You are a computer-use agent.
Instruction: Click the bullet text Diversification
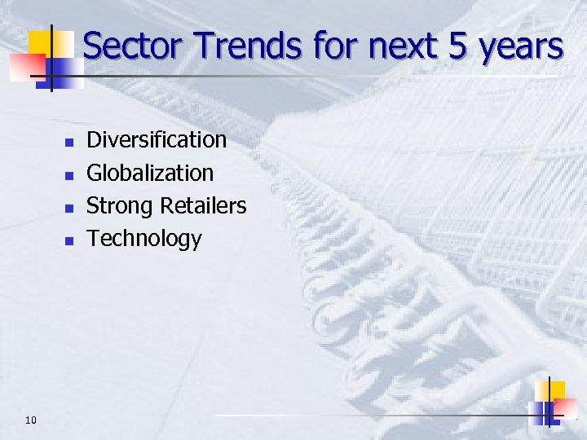click(157, 140)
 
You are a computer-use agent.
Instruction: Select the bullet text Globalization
click(150, 173)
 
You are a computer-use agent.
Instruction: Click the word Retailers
click(203, 206)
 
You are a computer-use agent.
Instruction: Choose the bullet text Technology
click(144, 239)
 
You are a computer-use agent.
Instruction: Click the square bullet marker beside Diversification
click(69, 143)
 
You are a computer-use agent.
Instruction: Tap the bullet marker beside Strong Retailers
click(69, 208)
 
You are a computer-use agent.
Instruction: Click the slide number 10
click(31, 420)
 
